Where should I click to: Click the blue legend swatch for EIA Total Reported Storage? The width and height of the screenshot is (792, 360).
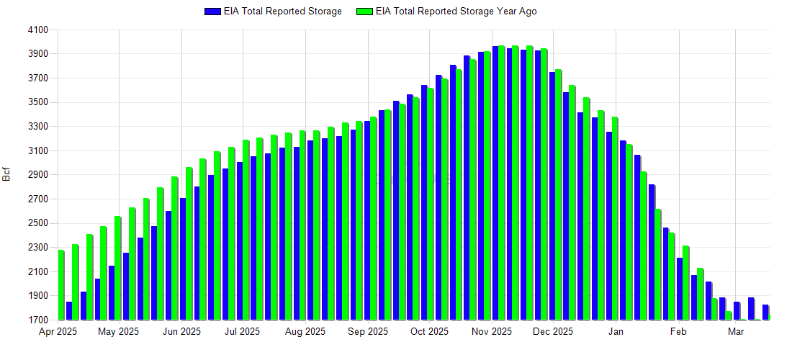pos(212,12)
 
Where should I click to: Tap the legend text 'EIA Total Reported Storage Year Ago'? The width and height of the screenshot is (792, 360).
pos(456,12)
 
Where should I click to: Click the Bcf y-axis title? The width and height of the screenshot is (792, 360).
pos(7,175)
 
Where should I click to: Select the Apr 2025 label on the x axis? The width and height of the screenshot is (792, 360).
pos(58,332)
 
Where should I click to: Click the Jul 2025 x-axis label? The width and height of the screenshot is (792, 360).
pos(243,332)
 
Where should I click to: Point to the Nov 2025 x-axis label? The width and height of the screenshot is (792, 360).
pos(492,332)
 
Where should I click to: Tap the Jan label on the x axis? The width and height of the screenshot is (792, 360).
pos(616,332)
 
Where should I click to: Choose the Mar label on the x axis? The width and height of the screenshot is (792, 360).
pos(736,332)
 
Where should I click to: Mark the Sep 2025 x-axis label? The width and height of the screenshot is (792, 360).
pos(367,332)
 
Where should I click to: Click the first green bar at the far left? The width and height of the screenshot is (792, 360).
pos(61,285)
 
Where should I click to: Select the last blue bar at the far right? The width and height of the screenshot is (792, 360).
pos(765,312)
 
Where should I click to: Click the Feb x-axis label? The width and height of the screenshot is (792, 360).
pos(678,332)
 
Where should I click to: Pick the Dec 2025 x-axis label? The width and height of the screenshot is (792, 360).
pos(553,332)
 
